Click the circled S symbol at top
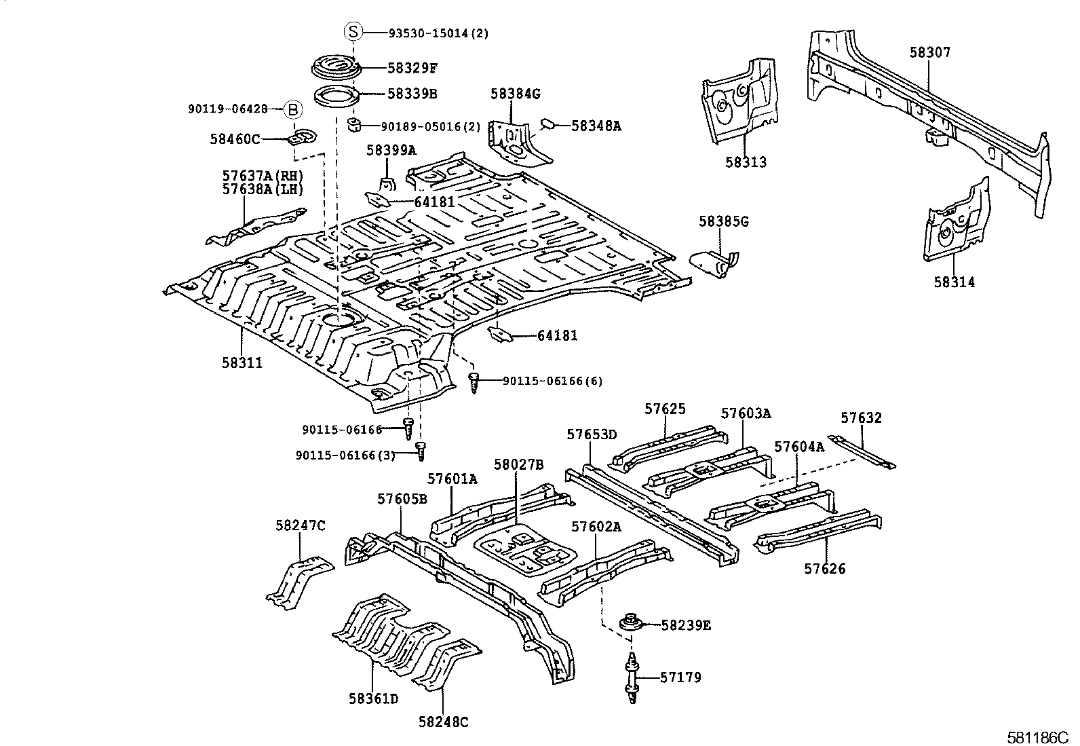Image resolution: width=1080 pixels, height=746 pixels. click(x=353, y=32)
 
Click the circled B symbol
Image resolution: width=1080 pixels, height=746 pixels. click(x=292, y=109)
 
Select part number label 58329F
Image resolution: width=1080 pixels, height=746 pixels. click(x=412, y=68)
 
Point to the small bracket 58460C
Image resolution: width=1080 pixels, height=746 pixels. click(x=302, y=136)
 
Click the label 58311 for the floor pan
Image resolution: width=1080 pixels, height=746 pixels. click(x=242, y=363)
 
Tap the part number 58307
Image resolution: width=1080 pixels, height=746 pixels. click(x=930, y=52)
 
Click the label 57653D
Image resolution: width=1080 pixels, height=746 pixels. click(x=592, y=434)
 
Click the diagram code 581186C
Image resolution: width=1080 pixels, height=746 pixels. click(x=1037, y=736)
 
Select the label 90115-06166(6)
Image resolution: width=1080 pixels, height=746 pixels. click(x=552, y=381)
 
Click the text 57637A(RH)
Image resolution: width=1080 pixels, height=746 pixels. click(x=263, y=176)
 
